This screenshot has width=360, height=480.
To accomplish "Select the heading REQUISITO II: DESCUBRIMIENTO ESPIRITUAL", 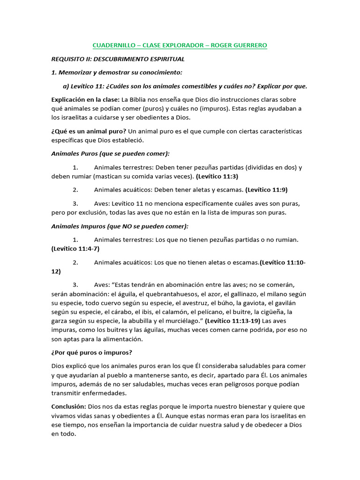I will click(x=118, y=59).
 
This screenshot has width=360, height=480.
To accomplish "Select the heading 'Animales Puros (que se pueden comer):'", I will click(x=110, y=154).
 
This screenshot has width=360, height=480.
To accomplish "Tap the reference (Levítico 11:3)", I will click(x=217, y=177).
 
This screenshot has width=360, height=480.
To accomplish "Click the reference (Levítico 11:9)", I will click(x=266, y=190).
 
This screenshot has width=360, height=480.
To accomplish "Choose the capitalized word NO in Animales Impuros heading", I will click(x=127, y=226).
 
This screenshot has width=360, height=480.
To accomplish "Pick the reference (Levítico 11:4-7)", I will click(x=75, y=248).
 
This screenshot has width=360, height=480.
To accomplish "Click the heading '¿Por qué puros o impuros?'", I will click(x=92, y=352).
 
